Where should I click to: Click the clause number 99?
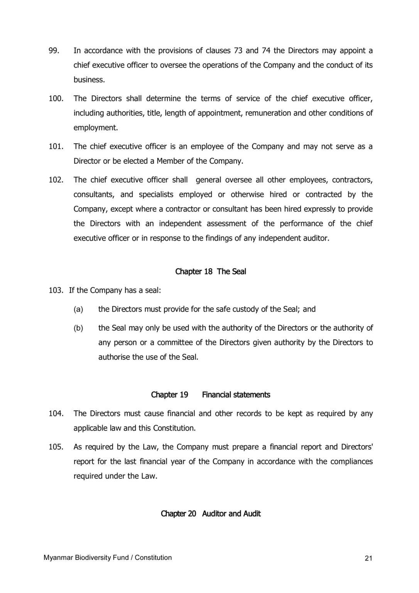tap(53, 51)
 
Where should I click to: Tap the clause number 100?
tap(56, 98)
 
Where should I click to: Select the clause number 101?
tap(56, 146)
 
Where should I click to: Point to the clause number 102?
tap(56, 180)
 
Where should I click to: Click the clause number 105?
tap(56, 447)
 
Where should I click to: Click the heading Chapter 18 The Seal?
tap(211, 271)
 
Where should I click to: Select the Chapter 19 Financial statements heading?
tap(210, 395)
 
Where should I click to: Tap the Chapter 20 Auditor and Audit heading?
tap(211, 513)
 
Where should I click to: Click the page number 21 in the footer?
tap(368, 558)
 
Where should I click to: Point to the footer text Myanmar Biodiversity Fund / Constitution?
tap(108, 557)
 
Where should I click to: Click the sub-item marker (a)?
tap(78, 309)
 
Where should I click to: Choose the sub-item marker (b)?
tap(78, 328)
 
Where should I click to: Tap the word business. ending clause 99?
tap(90, 80)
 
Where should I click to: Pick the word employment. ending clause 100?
tap(96, 128)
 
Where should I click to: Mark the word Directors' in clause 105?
tap(357, 447)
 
